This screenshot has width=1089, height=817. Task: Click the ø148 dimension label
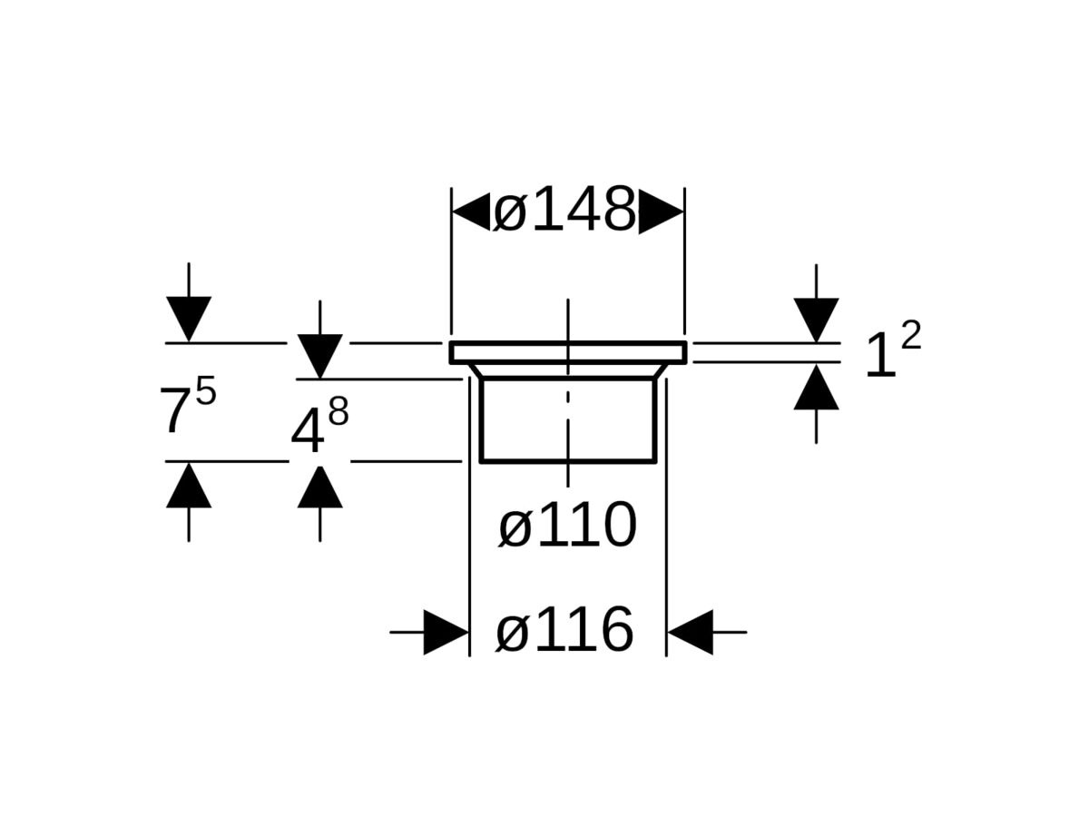point(564,212)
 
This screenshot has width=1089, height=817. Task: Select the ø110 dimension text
point(567,526)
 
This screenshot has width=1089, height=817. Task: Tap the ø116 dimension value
point(564,631)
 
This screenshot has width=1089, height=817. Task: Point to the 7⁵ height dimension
point(187,407)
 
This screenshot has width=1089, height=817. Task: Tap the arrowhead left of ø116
point(446,632)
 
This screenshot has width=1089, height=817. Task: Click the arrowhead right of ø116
point(691,632)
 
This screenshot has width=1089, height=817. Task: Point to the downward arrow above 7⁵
point(189,318)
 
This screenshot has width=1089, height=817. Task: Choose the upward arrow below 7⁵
point(189,486)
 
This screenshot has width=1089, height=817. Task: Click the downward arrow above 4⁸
point(319,355)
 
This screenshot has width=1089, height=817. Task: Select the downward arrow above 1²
point(816,319)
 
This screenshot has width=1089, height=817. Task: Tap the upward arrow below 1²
point(816,388)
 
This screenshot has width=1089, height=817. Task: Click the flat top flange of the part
point(568,352)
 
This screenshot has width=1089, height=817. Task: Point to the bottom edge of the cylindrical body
point(568,461)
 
